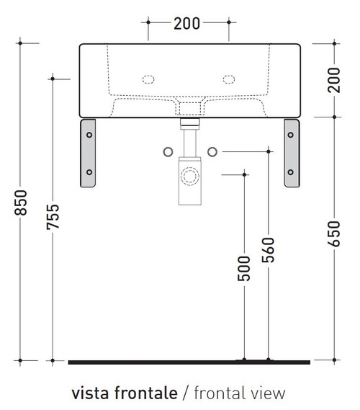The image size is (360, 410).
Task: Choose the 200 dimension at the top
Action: [x=187, y=23]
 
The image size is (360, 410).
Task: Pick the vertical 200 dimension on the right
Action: [x=334, y=79]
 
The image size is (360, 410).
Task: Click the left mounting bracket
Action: [x=89, y=153]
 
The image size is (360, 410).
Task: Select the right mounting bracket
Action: [x=292, y=153]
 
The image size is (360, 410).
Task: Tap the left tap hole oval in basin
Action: [x=150, y=78]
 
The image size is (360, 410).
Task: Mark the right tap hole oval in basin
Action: [x=230, y=78]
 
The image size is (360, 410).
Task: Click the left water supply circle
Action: [x=167, y=151]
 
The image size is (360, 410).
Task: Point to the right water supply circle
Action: [x=212, y=151]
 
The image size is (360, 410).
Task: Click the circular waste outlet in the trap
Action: [x=190, y=175]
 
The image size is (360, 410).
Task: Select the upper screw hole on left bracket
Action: [x=89, y=133]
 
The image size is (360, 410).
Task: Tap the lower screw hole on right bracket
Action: [x=292, y=171]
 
